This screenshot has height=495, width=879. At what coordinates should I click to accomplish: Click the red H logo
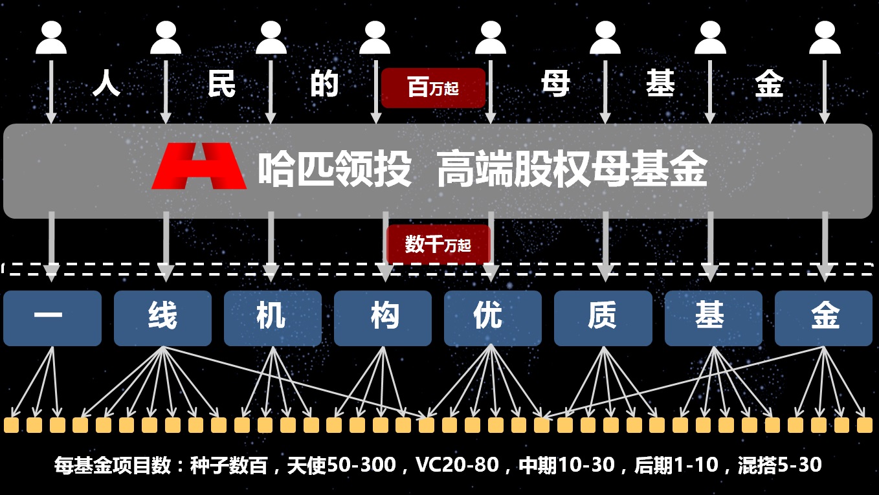[x=199, y=166]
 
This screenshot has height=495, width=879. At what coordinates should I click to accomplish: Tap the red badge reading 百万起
[x=433, y=87]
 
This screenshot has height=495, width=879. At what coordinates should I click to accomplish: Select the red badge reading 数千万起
[x=438, y=245]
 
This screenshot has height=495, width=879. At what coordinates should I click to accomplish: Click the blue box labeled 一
[x=52, y=318]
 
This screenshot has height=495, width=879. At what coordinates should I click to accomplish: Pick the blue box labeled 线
[x=162, y=318]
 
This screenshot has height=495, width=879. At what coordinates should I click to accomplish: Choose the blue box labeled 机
[x=273, y=318]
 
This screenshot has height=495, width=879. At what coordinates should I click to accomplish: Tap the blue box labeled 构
[x=383, y=318]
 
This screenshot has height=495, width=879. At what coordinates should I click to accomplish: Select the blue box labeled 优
[x=493, y=318]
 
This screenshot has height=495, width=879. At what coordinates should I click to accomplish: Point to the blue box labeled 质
[x=603, y=318]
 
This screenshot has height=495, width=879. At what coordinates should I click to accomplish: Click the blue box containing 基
[x=713, y=318]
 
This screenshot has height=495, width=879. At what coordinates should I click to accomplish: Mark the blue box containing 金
[x=823, y=318]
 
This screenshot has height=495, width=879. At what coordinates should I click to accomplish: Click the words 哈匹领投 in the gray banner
[x=335, y=170]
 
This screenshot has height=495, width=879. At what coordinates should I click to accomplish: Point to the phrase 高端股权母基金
[x=572, y=170]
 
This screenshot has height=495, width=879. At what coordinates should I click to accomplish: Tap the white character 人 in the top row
[x=107, y=84]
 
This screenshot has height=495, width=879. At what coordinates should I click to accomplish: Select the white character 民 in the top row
[x=221, y=84]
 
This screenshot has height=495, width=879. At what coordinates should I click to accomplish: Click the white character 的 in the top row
[x=324, y=84]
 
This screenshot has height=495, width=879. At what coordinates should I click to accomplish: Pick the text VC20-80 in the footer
[x=457, y=465]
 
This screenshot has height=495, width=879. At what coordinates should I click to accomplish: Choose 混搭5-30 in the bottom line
[x=779, y=465]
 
